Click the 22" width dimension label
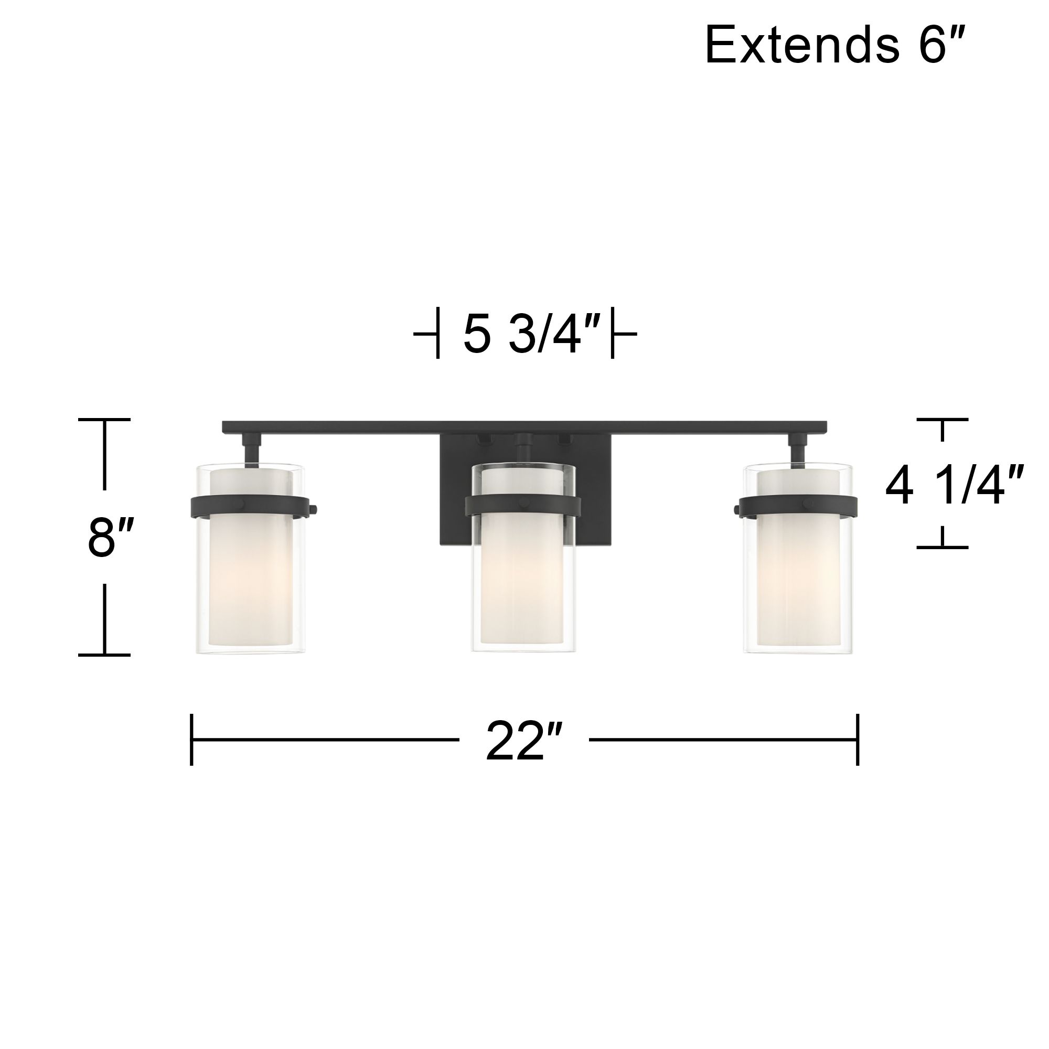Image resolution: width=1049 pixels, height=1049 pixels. (x=523, y=741)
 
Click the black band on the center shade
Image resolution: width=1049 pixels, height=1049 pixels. (x=525, y=506)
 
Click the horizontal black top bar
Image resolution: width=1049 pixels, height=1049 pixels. (x=524, y=427)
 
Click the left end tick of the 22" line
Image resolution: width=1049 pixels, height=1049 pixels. (x=191, y=740)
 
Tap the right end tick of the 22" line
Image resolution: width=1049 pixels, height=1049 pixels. (x=858, y=740)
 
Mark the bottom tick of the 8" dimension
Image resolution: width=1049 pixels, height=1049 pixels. (x=104, y=655)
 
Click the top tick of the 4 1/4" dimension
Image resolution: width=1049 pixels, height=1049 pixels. (x=942, y=420)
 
